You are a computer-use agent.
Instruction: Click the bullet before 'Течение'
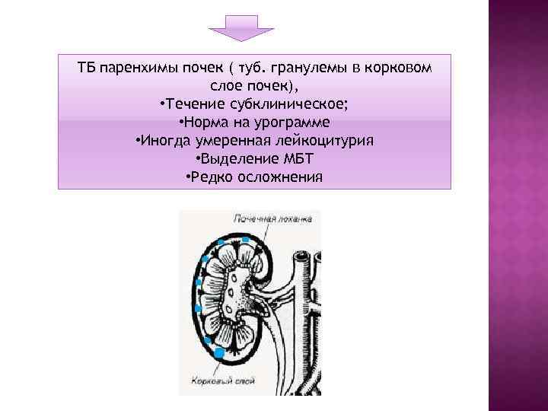[163, 105]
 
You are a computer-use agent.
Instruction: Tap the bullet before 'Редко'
[188, 178]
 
